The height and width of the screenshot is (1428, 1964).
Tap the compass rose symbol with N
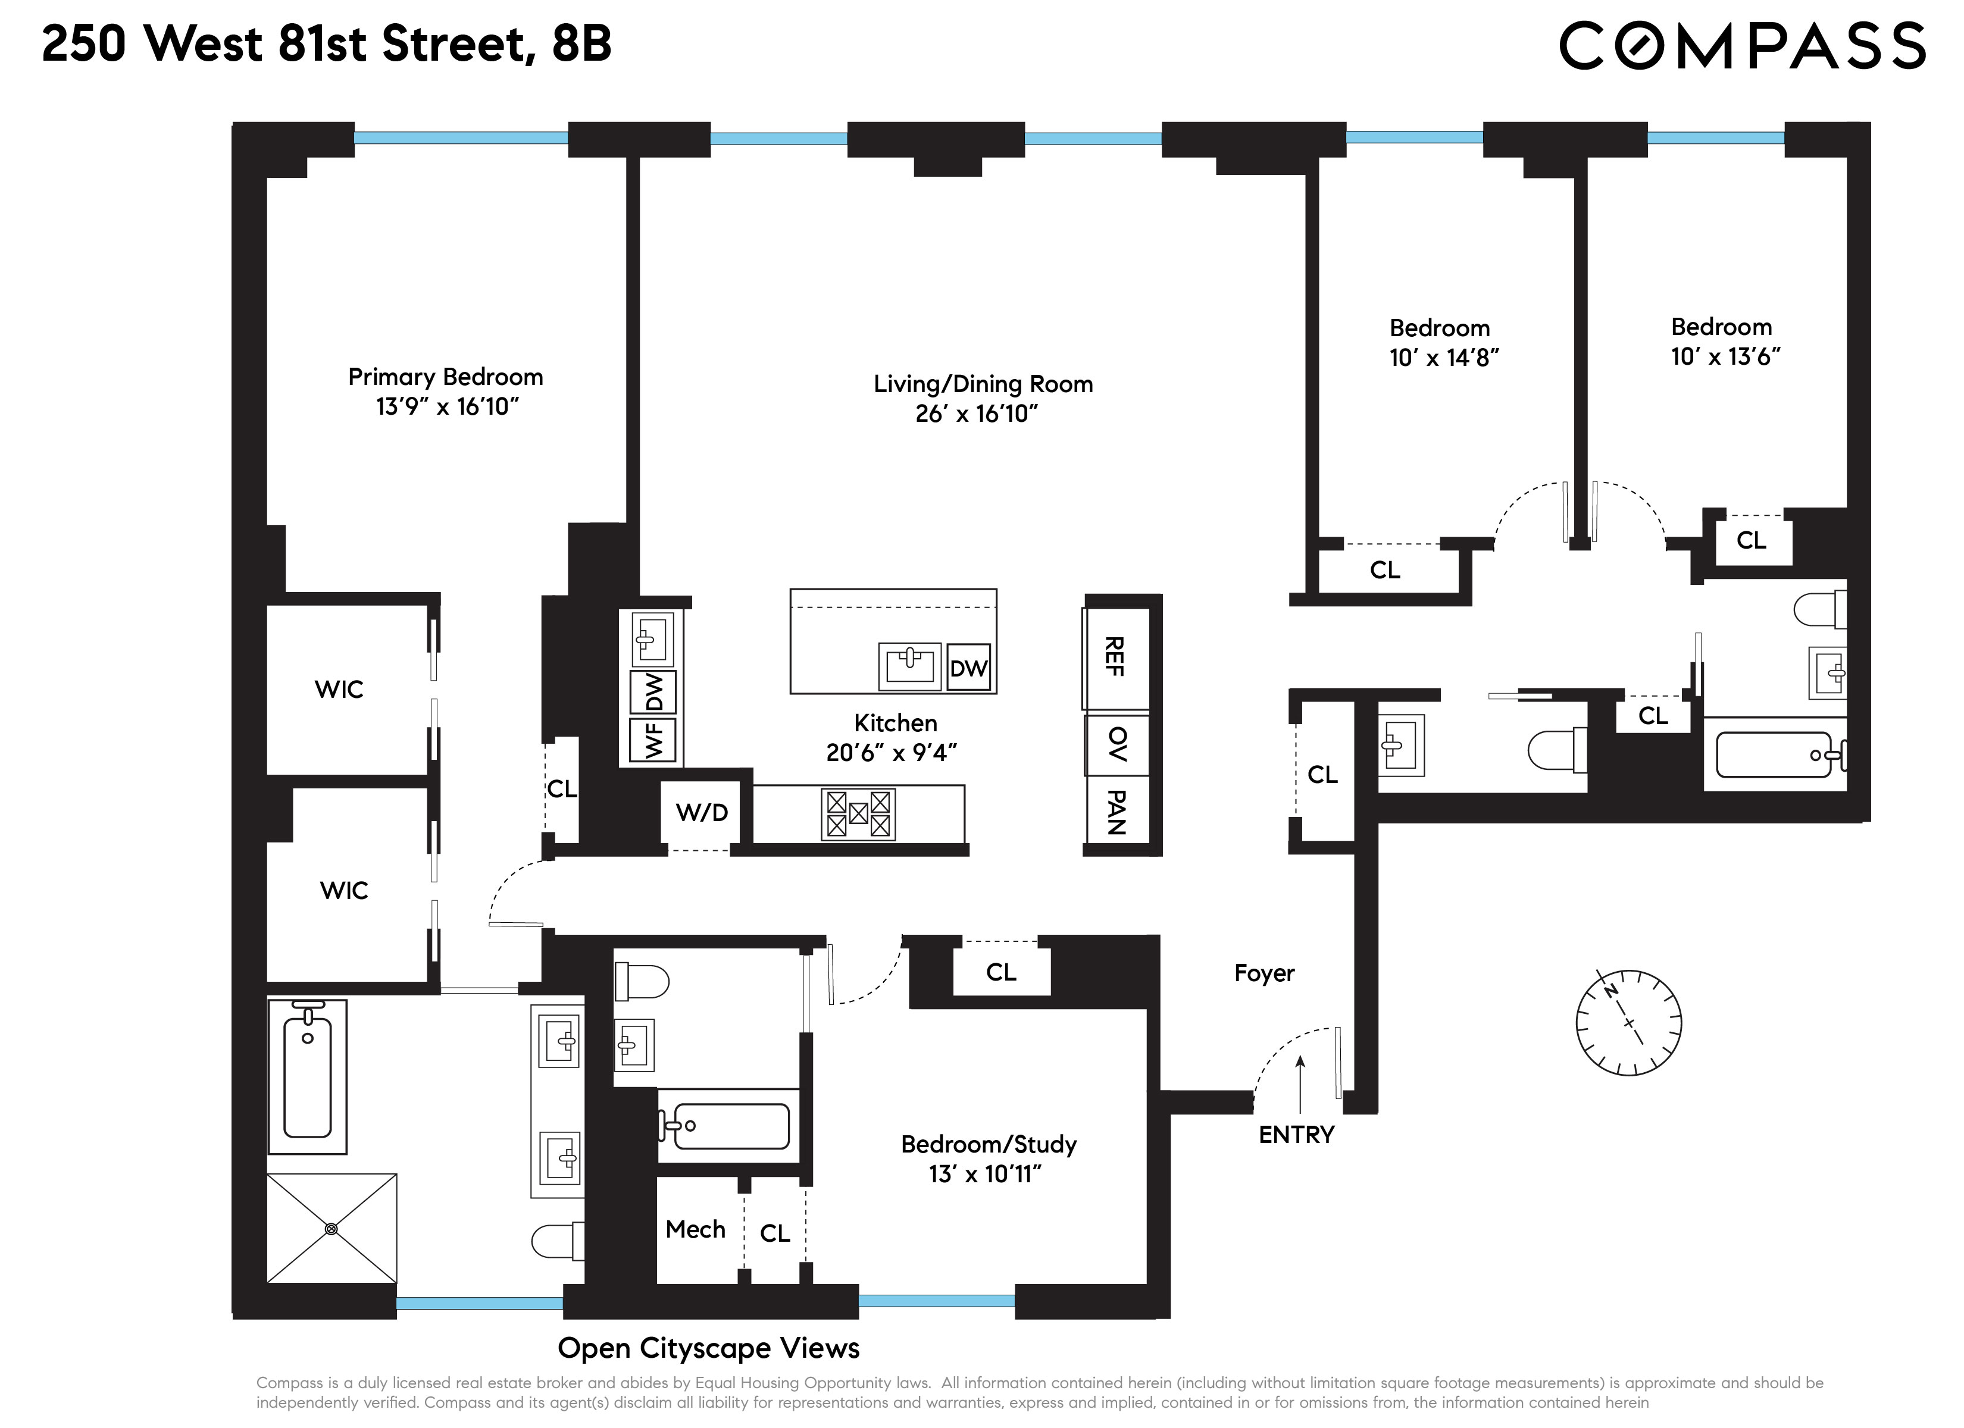click(1628, 1023)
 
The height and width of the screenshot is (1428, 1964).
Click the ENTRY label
click(1296, 1135)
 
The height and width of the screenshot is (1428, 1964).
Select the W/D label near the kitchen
click(702, 812)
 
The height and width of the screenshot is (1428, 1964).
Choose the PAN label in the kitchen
click(1117, 812)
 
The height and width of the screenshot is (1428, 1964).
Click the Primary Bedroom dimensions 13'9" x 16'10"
click(447, 407)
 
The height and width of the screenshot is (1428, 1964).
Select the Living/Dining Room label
click(983, 384)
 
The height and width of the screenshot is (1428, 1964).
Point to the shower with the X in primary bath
click(331, 1228)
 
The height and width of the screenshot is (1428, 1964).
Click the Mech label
click(695, 1230)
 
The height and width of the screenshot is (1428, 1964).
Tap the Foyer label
click(1264, 973)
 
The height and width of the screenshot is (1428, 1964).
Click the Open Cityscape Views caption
click(708, 1348)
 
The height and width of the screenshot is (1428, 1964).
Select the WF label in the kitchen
click(655, 741)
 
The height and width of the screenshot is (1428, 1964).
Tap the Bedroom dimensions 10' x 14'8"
click(1444, 358)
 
